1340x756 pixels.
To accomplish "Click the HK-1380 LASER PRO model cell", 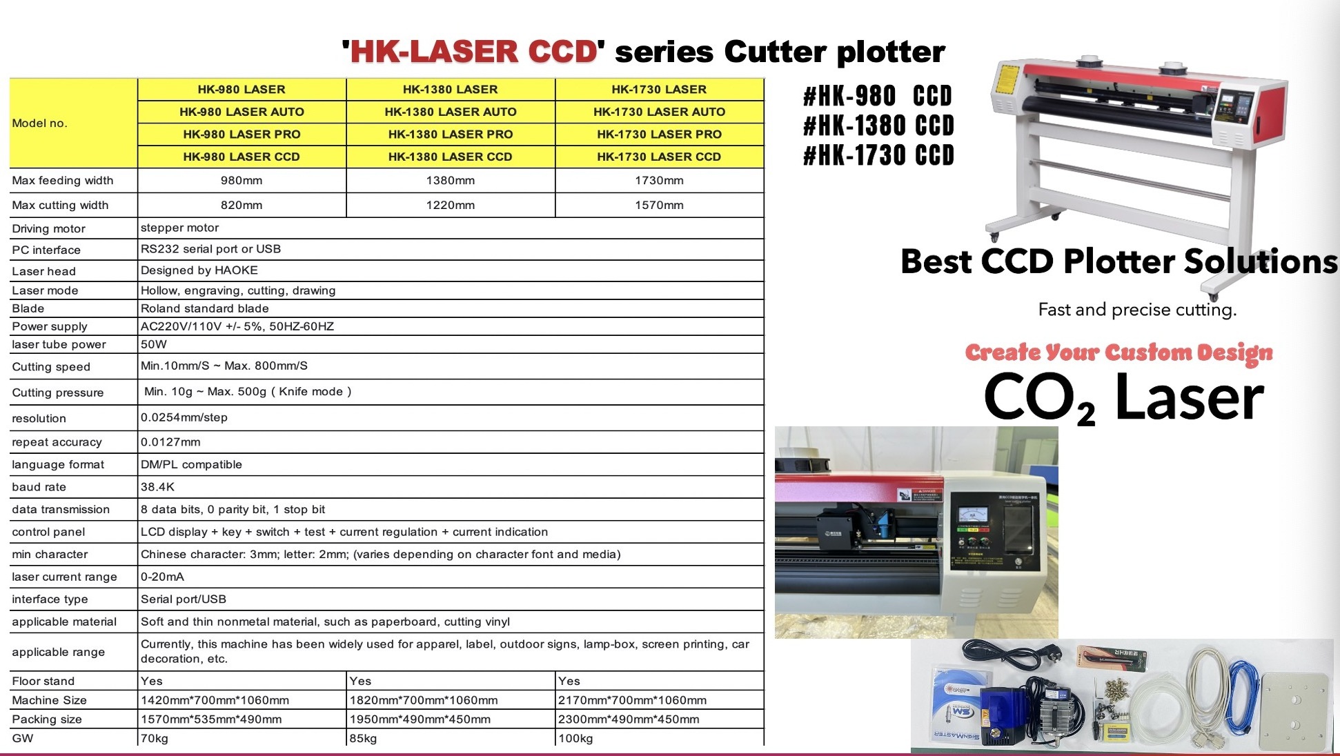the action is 450,135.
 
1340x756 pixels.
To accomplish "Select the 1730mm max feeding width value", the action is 659,181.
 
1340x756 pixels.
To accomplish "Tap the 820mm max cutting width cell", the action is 242,206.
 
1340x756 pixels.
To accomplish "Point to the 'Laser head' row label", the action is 43,272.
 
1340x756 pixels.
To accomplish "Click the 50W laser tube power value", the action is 154,344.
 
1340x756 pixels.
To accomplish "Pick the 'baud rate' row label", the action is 39,487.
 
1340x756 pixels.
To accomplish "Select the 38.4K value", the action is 157,487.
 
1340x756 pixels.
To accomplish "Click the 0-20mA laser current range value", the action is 162,577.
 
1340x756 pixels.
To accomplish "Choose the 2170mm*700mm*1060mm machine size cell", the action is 632,700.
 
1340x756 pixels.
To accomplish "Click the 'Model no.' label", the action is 39,123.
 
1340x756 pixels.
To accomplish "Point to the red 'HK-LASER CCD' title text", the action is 473,52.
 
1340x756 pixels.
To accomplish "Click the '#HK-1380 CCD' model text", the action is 878,126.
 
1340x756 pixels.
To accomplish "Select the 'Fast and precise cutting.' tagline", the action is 1137,310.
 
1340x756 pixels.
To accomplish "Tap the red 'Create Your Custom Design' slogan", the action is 1119,352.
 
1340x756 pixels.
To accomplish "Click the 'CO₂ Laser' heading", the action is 1123,398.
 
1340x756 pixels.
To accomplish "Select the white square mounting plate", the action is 1294,713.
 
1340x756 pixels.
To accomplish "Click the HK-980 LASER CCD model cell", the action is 242,157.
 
